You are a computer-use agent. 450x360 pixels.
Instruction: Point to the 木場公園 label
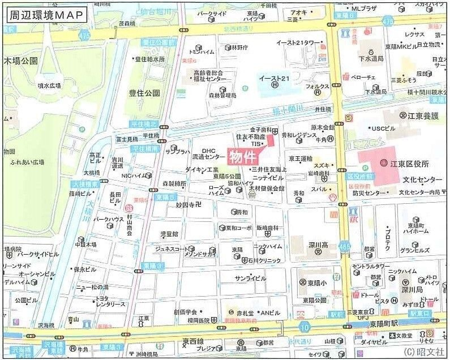(x=21, y=60)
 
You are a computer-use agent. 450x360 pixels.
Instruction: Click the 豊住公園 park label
(x=144, y=92)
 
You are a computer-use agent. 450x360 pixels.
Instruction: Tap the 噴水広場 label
(x=49, y=86)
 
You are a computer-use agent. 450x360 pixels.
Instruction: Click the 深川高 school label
(x=319, y=245)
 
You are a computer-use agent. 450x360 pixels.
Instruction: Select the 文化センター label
(x=422, y=180)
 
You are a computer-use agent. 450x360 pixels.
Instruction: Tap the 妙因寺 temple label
(x=188, y=204)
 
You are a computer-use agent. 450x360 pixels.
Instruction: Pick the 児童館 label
(x=169, y=234)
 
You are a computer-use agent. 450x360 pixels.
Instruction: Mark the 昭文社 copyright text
(x=425, y=352)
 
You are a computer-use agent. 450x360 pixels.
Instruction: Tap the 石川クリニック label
(x=260, y=261)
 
